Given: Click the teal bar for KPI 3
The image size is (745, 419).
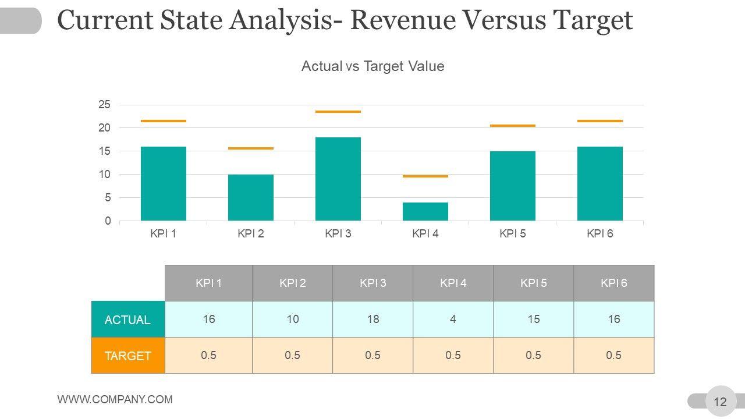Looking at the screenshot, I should click(338, 179).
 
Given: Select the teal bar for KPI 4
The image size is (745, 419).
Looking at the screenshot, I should click(425, 211).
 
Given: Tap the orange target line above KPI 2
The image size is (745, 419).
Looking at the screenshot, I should click(250, 148).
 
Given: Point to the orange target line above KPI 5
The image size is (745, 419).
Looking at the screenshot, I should click(512, 126).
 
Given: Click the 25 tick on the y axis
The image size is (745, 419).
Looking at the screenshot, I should click(104, 105).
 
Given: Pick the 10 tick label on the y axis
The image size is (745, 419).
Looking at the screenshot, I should click(104, 175).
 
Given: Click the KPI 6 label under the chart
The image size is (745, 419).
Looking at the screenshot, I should click(599, 234).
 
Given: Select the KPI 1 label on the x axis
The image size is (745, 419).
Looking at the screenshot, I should click(163, 234).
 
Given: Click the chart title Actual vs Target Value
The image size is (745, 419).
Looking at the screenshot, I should click(372, 66).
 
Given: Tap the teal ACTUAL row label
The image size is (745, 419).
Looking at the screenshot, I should click(127, 319).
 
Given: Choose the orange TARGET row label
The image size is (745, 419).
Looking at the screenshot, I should click(127, 356).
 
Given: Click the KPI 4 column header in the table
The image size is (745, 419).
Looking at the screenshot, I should click(453, 283).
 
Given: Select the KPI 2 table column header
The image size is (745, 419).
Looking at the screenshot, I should click(292, 283).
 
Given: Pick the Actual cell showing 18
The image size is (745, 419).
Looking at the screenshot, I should click(372, 319).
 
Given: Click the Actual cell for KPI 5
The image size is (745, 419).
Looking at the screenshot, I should click(533, 319).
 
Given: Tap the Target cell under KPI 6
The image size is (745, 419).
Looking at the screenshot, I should click(613, 355).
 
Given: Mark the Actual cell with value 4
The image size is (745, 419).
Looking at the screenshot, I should click(453, 319).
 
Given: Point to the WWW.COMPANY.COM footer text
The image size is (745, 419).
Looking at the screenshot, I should click(115, 400).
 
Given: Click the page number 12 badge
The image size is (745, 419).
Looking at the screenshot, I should click(720, 402).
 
